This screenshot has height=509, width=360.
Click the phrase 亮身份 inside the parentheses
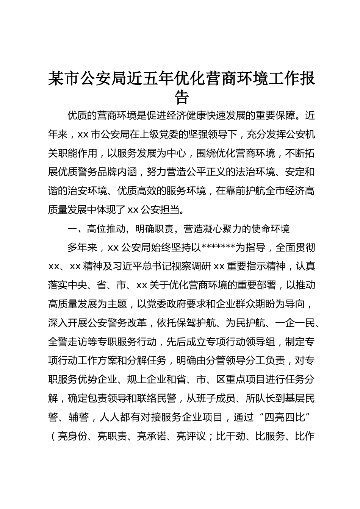tap(73, 437)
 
